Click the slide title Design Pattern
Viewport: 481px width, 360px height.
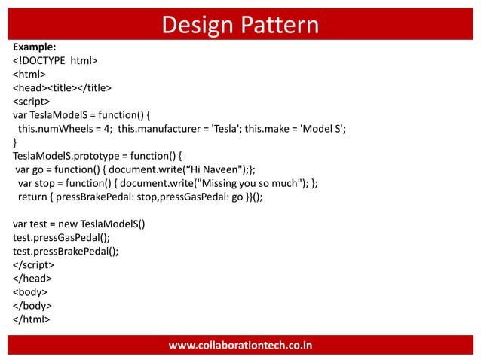(x=240, y=24)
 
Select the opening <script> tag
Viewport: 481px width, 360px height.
(x=32, y=102)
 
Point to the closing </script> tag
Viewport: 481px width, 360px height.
(x=33, y=264)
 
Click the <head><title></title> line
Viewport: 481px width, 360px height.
(x=63, y=88)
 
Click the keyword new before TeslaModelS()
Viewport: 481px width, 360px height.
(x=64, y=224)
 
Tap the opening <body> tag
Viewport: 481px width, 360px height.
(x=30, y=291)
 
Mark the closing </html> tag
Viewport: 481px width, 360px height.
(x=32, y=319)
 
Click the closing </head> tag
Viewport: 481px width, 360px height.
(x=32, y=278)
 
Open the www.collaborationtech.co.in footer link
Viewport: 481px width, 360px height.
(x=240, y=345)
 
